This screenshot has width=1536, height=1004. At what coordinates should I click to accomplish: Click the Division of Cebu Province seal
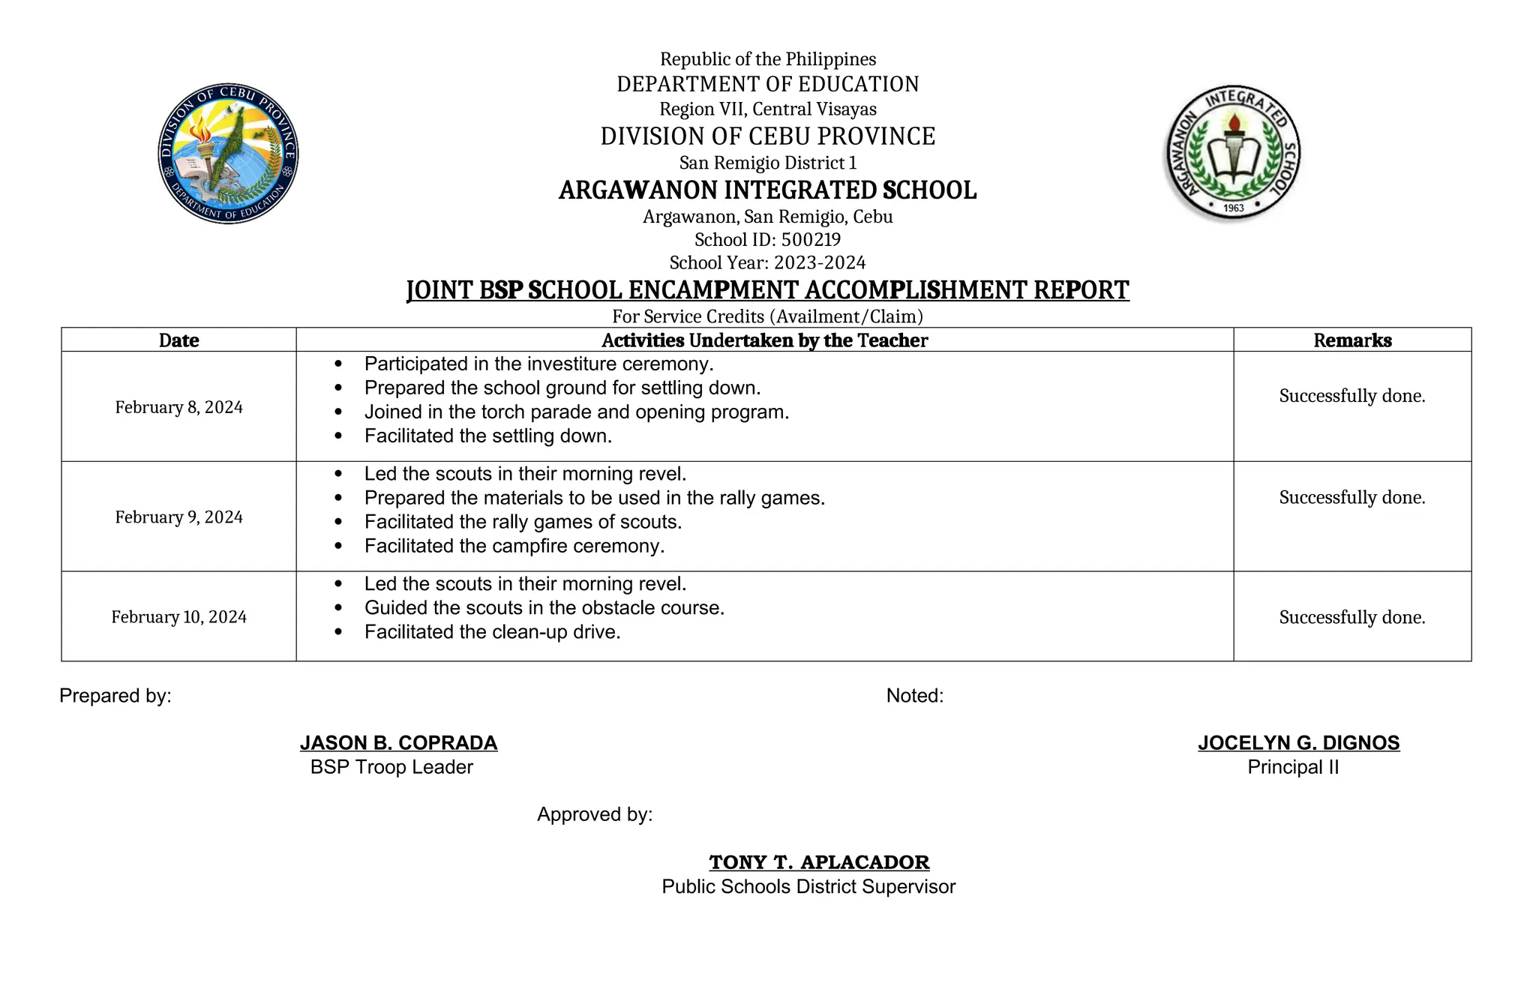coord(228,154)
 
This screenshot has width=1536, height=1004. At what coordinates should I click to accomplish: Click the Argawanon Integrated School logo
coord(1232,153)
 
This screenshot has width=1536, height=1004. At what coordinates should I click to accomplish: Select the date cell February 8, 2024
coord(178,407)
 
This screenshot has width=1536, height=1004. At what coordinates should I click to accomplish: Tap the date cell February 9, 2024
coord(178,517)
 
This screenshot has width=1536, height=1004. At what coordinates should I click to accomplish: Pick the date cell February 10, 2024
coord(178,616)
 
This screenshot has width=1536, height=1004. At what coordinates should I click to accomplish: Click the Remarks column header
coord(1351,340)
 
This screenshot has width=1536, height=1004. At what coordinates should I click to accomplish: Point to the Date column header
coord(178,340)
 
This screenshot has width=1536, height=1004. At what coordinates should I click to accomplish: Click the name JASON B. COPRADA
coord(398,742)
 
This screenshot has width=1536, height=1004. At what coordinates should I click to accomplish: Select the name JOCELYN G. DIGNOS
coord(1298,742)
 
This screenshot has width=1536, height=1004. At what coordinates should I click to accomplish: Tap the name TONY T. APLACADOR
coord(819,862)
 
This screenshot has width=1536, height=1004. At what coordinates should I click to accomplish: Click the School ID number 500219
coord(811,240)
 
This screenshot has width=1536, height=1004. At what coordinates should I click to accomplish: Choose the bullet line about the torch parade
coord(576,412)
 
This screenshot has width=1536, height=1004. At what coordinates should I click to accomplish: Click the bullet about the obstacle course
coord(544,607)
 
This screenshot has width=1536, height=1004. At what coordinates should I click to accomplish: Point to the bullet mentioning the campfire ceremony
coord(514,546)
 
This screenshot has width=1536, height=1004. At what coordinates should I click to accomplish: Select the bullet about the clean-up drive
coord(492,632)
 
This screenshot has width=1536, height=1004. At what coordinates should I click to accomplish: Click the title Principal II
coord(1293,767)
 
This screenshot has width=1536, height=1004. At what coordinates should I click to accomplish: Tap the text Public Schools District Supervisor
coord(808,886)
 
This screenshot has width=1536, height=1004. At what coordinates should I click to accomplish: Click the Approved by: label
coord(595,814)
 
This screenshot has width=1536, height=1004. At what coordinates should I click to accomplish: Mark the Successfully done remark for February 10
coord(1351,617)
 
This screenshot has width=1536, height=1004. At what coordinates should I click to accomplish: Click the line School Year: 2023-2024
coord(767,262)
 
